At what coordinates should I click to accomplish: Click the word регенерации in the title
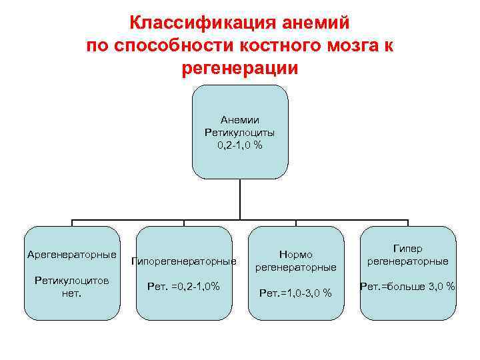[239, 69]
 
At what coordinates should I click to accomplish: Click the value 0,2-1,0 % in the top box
[240, 145]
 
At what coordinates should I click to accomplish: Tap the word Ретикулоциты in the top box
[240, 133]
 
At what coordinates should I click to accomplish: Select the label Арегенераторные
[72, 255]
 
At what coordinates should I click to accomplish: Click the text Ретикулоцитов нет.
[72, 285]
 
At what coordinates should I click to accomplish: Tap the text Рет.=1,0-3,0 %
[296, 293]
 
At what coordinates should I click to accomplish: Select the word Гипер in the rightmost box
[408, 249]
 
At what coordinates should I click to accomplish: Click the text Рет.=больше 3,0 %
[408, 286]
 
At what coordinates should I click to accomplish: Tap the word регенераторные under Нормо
[296, 267]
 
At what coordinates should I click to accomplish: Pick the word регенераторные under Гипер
[408, 261]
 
